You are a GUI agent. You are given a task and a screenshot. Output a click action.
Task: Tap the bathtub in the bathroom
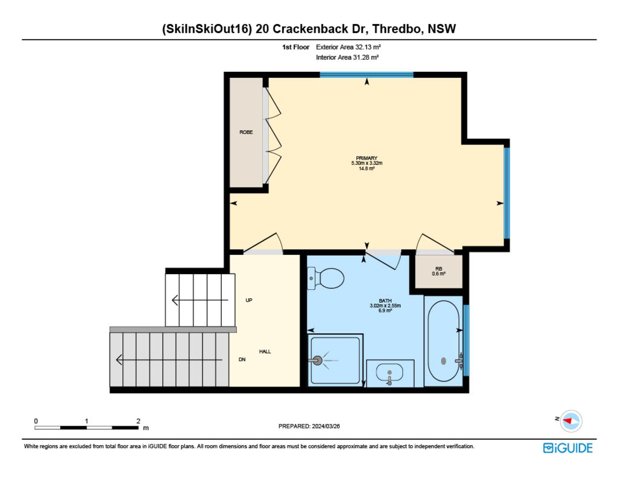tap(444, 341)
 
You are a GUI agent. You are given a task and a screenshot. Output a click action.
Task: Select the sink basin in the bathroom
tap(389, 373)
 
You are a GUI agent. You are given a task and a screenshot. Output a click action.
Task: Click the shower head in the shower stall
tap(317, 360)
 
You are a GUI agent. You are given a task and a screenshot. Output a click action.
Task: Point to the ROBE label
tap(246, 132)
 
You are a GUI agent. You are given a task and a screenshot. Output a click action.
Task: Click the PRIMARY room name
tap(367, 158)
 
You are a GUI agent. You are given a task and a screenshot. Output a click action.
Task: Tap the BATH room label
tap(385, 301)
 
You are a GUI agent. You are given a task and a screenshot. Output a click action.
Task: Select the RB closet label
tap(439, 269)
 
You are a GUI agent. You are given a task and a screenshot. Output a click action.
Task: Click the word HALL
tap(265, 351)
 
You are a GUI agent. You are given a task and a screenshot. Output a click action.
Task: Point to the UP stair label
tap(249, 300)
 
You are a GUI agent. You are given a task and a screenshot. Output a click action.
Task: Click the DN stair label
tap(242, 359)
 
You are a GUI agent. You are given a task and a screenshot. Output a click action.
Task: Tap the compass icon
tap(571, 421)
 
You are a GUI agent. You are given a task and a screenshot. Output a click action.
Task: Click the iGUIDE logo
tap(568, 448)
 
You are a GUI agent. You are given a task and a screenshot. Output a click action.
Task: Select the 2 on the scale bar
tap(138, 421)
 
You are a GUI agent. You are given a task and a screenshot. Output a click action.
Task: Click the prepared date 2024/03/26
tap(326, 426)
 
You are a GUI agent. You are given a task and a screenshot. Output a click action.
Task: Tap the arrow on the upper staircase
tap(200, 300)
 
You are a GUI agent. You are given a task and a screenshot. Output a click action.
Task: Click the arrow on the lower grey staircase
tap(169, 360)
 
